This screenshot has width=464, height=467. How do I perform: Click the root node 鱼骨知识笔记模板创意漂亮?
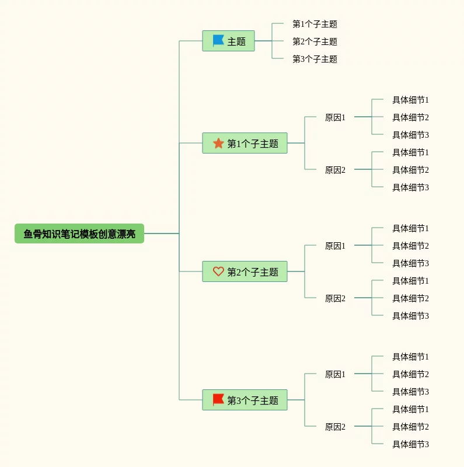79,233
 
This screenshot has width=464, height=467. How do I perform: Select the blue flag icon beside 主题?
218,41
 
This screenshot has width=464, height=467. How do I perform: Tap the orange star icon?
218,143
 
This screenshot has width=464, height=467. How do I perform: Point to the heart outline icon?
218,271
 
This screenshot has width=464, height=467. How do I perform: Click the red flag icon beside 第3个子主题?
218,400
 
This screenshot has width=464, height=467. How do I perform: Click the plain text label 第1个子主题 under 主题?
315,24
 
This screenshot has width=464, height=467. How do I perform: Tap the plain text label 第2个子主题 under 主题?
315,41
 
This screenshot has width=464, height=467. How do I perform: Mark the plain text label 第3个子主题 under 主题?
315,59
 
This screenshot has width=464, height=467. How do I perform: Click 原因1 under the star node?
335,117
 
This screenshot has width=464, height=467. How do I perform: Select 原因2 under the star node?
335,170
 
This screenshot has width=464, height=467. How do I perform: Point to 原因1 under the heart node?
335,246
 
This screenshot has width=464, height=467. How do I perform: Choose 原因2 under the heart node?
335,298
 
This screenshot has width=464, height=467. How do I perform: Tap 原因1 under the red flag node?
335,374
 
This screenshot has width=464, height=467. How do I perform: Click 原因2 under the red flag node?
335,427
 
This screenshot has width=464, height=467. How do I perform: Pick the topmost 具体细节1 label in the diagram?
410,100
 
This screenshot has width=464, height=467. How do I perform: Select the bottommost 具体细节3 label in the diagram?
410,444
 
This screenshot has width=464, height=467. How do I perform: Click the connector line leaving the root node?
161,233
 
